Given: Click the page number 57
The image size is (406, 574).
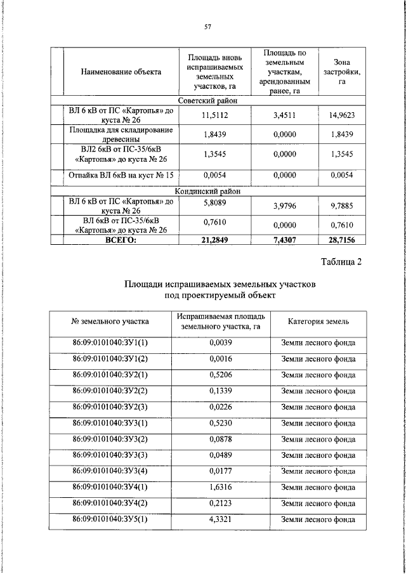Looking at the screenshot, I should tap(207, 27).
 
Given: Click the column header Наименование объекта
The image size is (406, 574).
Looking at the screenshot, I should tap(121, 72).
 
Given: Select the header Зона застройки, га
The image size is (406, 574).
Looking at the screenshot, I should tap(341, 72).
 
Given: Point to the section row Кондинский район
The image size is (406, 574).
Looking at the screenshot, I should tap(207, 190).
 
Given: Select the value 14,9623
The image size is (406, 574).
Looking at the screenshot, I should tap(341, 115).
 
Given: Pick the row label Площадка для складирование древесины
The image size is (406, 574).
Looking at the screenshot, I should tap(121, 134).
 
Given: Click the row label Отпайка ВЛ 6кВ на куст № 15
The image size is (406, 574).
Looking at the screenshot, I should tap(121, 174).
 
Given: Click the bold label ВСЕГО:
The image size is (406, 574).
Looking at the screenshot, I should tap(121, 240).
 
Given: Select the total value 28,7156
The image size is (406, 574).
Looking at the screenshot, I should tap(341, 240).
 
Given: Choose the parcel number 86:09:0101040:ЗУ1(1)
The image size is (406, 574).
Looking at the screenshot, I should tap(110, 343).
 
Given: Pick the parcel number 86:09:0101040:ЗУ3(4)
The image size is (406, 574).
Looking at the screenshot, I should tap(110, 471).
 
